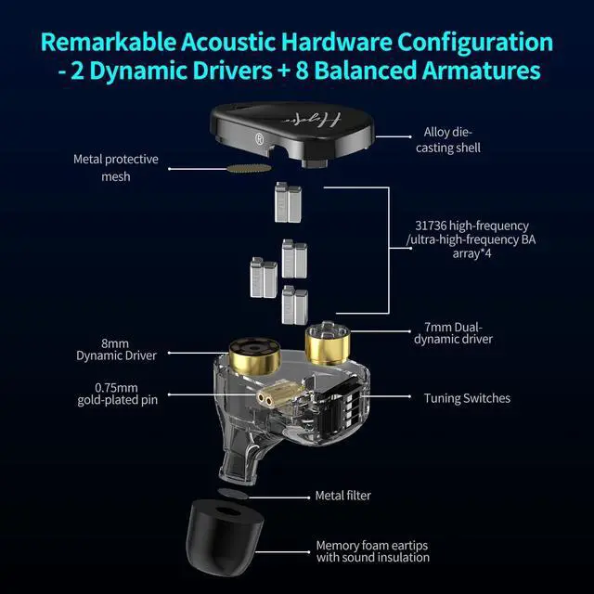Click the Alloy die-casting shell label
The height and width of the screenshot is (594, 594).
(x=454, y=140)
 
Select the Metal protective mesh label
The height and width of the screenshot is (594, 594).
(x=116, y=167)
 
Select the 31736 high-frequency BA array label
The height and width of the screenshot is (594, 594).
(x=473, y=239)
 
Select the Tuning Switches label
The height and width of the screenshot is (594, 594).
(x=467, y=398)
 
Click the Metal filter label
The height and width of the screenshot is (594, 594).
(x=342, y=496)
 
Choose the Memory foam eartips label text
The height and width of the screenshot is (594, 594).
(x=372, y=551)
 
